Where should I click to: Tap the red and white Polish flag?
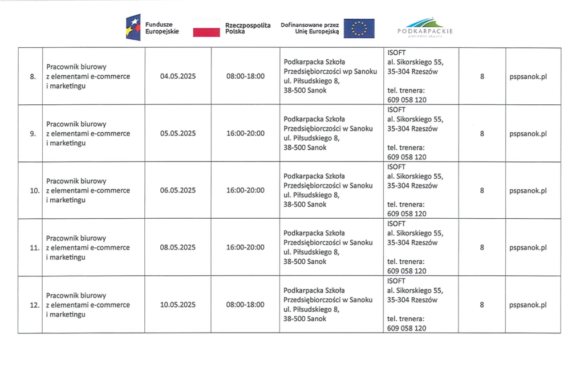coord(206,28)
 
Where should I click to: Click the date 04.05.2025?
coord(178,76)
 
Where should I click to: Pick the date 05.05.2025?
coord(178,133)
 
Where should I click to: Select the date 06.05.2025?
coord(178,190)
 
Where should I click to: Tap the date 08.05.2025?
coord(178,247)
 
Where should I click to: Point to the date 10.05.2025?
coord(178,305)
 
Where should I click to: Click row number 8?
coord(33,76)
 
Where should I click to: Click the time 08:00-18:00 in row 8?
coord(245,76)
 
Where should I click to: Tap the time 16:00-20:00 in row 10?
coord(245,190)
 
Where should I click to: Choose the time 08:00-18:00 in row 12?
coord(245,305)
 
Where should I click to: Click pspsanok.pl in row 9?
coord(528,133)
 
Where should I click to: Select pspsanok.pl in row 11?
coord(528,247)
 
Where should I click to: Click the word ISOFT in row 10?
coord(396,167)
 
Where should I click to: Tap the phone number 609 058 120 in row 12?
coord(407,328)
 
